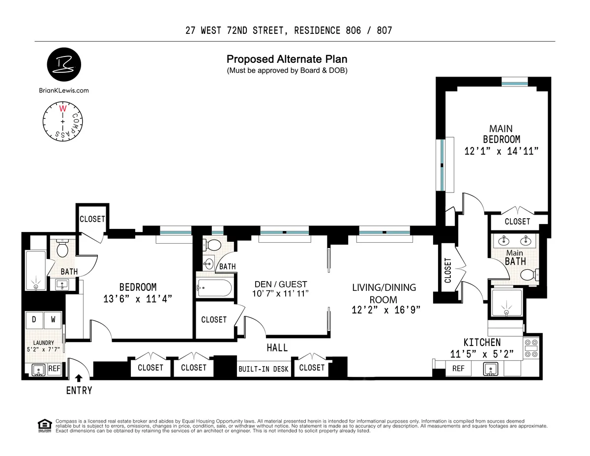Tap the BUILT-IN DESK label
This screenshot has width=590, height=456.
[x=264, y=369]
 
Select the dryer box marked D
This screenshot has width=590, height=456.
[x=34, y=320]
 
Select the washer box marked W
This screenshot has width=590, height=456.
[x=53, y=320]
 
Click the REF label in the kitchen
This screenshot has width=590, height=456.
[x=458, y=369]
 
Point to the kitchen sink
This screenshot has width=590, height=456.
[x=490, y=369]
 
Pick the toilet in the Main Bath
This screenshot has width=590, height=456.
[x=528, y=274]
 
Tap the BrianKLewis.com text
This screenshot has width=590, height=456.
[x=63, y=90]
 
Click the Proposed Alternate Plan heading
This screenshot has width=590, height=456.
[x=287, y=59]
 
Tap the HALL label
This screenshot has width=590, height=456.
[x=277, y=348]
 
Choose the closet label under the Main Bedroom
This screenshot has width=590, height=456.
[x=517, y=222]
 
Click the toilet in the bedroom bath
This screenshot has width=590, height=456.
[x=62, y=249]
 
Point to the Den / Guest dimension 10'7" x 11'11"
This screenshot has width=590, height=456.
[x=281, y=294]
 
